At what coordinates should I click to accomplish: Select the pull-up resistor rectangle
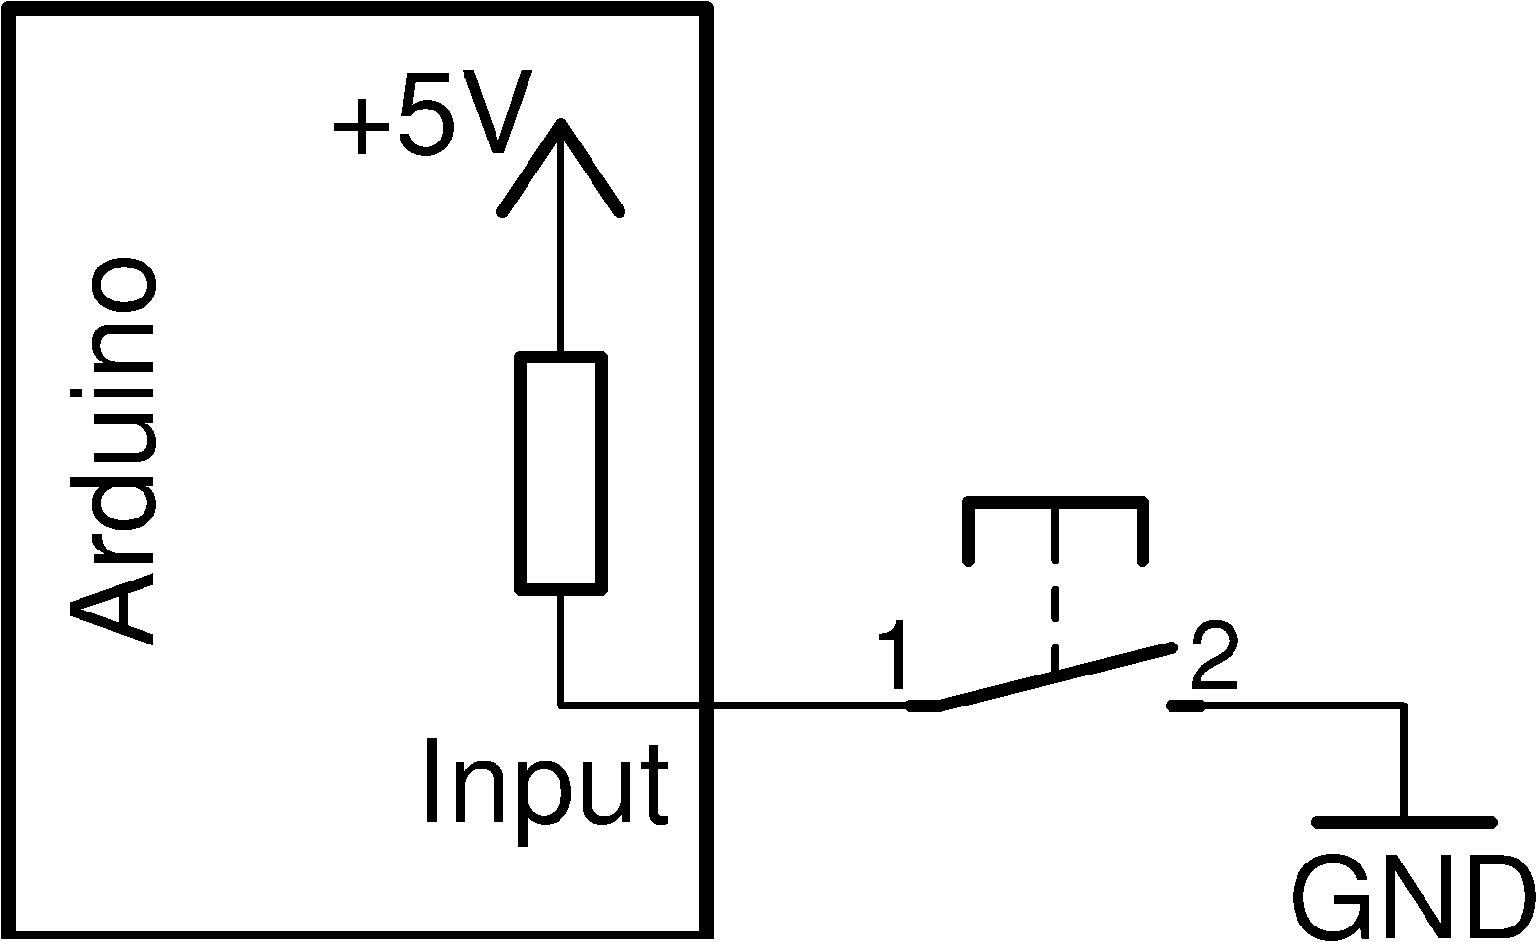(x=560, y=473)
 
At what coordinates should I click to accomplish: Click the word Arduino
(x=113, y=451)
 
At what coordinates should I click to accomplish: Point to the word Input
(x=545, y=783)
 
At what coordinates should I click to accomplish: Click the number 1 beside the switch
(x=891, y=659)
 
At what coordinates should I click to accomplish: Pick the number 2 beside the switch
(x=1213, y=656)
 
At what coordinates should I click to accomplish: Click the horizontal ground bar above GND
(x=1403, y=823)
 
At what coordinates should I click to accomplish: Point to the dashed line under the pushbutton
(x=1054, y=591)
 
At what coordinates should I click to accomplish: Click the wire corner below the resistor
(x=560, y=705)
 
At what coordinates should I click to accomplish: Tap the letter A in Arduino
(x=113, y=606)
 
